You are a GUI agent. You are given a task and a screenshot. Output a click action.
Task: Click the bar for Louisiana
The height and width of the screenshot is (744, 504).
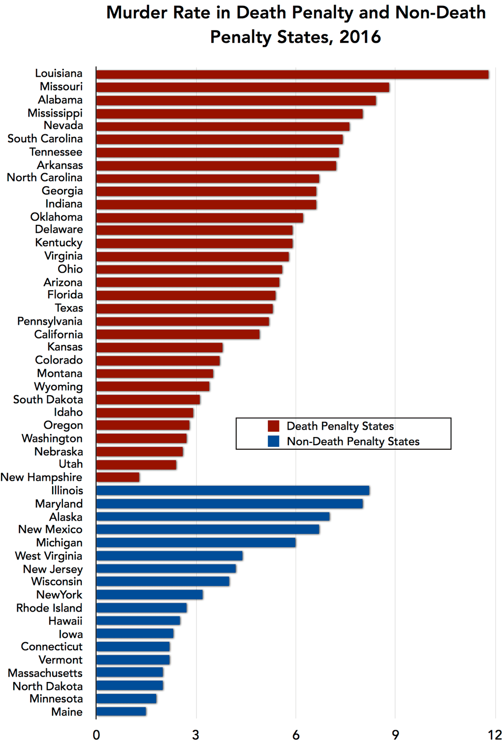(x=292, y=74)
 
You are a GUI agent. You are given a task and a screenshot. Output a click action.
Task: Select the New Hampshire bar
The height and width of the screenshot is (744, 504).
(x=118, y=477)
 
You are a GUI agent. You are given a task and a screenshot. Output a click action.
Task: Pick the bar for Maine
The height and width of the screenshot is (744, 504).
(x=121, y=711)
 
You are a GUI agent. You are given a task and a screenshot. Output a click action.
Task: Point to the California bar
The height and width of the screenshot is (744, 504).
(x=178, y=335)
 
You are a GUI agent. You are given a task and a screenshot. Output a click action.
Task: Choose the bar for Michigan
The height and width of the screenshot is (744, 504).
(x=196, y=542)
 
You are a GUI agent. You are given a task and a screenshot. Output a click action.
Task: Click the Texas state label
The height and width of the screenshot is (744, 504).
(x=69, y=308)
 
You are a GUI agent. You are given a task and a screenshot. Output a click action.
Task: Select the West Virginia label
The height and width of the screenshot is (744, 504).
(x=49, y=556)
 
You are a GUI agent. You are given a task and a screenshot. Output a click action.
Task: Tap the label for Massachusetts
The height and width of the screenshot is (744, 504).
(x=45, y=673)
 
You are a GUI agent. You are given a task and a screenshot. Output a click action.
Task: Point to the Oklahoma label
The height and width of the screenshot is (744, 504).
(x=56, y=217)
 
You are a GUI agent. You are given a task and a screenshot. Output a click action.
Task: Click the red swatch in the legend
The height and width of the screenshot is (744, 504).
(x=273, y=426)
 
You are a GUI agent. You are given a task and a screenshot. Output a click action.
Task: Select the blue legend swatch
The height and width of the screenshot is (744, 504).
(x=273, y=441)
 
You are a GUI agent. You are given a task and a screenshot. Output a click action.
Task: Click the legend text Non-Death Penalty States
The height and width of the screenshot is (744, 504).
(x=353, y=441)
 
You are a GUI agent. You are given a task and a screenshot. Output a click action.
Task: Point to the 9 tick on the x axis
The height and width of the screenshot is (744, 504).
(x=396, y=735)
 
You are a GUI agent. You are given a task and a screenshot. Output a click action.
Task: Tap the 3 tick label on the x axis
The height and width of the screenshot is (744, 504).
(x=196, y=735)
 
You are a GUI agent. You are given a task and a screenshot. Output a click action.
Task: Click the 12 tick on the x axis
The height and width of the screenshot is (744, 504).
(x=495, y=735)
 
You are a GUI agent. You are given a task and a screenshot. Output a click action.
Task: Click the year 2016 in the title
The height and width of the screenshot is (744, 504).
(x=360, y=37)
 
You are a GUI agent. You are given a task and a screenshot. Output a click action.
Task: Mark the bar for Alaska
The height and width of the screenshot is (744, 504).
(x=213, y=516)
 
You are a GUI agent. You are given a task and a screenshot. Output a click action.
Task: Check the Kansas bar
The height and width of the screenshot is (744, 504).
(x=159, y=347)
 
